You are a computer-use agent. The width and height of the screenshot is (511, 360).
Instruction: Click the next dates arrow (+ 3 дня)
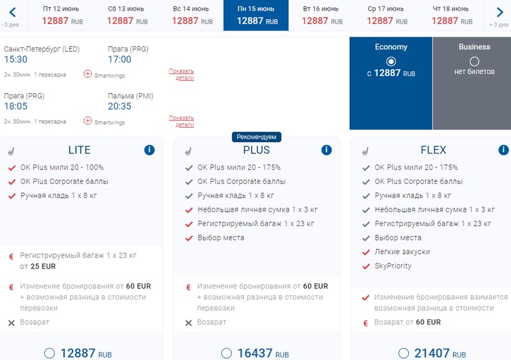click(499, 12)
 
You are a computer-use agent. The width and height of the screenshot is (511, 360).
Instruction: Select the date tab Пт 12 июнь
click(61, 15)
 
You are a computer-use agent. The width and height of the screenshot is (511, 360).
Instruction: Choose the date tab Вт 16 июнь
click(322, 15)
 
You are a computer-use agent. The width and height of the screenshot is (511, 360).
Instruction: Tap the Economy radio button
click(391, 61)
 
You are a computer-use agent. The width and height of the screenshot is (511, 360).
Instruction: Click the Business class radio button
click(474, 61)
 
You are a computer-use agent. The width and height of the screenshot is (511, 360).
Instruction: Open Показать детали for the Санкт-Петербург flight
click(181, 74)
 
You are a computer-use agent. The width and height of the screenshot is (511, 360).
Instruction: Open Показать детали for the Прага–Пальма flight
click(181, 121)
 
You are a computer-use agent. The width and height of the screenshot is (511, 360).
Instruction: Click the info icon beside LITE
click(149, 150)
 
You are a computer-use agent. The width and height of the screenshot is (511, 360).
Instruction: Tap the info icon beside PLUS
click(327, 150)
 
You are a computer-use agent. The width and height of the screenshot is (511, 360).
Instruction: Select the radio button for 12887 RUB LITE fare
click(50, 353)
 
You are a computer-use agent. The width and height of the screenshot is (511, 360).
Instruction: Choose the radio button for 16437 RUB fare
click(227, 353)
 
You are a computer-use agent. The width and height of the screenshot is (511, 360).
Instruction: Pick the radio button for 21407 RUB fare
click(404, 353)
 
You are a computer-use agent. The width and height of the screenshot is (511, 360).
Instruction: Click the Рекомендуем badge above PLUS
click(257, 137)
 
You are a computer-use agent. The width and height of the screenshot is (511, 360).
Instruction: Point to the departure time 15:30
click(16, 60)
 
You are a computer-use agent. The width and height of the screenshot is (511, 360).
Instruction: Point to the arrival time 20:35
click(120, 107)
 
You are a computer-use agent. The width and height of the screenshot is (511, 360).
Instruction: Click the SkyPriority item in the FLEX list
click(393, 266)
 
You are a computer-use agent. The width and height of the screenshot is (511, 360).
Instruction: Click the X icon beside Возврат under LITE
click(11, 323)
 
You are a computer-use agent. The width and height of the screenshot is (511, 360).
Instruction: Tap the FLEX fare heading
click(433, 150)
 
